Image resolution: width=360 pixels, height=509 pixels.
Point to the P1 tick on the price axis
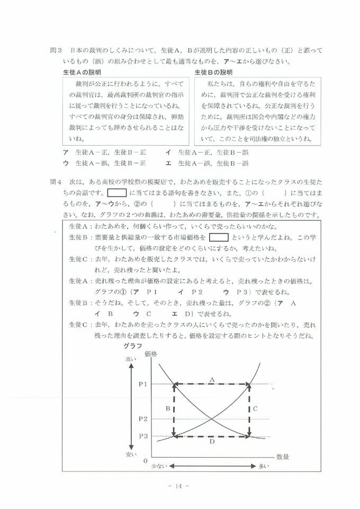coord(143,383)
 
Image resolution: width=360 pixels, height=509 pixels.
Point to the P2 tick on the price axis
coord(143,419)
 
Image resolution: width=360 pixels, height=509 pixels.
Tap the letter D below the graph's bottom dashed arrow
coord(211,442)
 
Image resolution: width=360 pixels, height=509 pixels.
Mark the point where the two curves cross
coord(212,419)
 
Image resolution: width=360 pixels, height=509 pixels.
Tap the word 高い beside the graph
coord(131,359)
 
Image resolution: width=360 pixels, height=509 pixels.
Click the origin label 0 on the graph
coord(146,460)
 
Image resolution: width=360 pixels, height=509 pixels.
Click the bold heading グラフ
coord(131,345)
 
